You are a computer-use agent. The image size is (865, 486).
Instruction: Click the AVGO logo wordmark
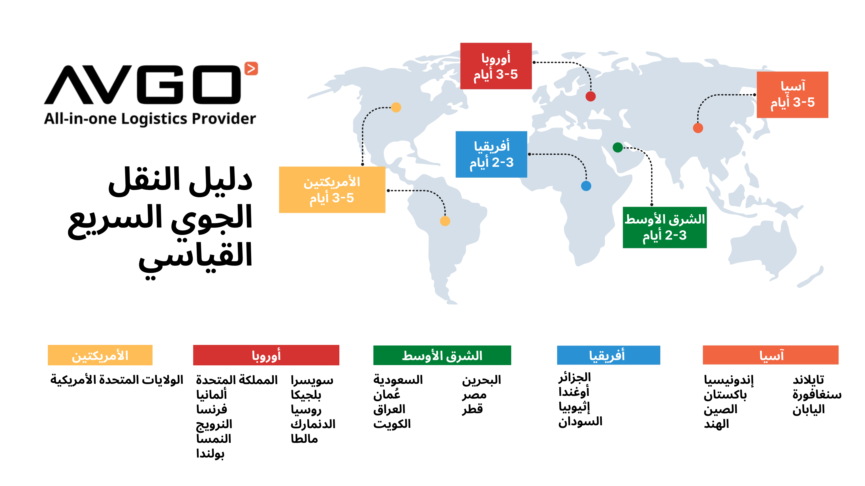[x=143, y=85]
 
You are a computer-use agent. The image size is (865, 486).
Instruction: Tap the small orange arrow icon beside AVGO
[x=251, y=69]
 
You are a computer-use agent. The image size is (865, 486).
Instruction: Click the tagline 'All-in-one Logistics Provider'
[x=150, y=119]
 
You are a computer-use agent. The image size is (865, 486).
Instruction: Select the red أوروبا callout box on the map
[x=496, y=66]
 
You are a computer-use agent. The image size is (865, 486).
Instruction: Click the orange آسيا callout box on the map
[x=792, y=95]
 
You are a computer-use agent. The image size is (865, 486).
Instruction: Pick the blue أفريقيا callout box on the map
[x=491, y=154]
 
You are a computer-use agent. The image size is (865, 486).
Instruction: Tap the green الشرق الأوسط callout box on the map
[x=665, y=227]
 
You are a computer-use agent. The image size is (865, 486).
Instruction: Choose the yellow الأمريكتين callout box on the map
[x=332, y=190]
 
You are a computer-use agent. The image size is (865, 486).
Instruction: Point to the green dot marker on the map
[x=618, y=147]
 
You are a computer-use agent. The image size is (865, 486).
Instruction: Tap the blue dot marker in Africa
[x=586, y=186]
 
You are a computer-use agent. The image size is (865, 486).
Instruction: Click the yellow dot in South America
[x=445, y=221]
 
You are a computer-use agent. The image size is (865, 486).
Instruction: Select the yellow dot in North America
[x=396, y=107]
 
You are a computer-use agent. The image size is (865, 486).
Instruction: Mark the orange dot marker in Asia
[x=698, y=128]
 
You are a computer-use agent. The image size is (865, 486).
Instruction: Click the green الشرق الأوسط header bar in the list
[x=442, y=355]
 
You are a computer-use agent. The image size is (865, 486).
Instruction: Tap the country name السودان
[x=580, y=422]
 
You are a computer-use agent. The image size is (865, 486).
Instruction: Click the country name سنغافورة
[x=817, y=395]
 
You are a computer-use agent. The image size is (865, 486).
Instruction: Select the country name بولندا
[x=210, y=453]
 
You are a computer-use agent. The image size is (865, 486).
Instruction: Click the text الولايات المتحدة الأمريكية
[x=117, y=380]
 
